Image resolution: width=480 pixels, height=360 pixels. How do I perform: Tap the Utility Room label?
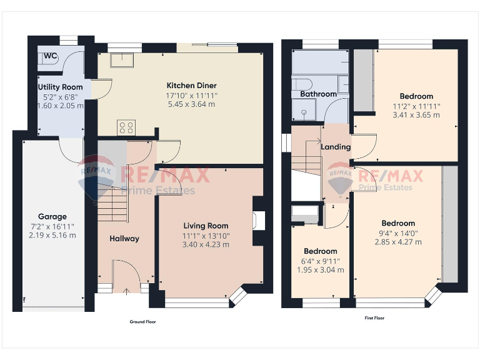[x=60, y=87]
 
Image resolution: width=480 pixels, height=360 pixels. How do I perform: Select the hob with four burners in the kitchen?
[x=126, y=127]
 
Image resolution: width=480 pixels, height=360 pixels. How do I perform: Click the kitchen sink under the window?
[x=122, y=59]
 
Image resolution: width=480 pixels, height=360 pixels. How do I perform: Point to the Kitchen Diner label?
[x=191, y=86]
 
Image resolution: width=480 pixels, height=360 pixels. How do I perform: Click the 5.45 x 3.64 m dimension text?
[x=191, y=104]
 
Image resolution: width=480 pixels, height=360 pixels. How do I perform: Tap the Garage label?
[x=52, y=217]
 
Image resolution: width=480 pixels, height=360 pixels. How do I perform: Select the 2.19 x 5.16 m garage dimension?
[x=52, y=235]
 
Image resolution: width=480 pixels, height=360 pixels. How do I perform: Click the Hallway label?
[x=124, y=238]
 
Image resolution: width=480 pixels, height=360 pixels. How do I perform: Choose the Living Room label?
[x=206, y=226]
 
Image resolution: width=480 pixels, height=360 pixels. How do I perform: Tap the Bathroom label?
[x=318, y=94]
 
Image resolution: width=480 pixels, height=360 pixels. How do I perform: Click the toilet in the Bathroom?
[x=302, y=85]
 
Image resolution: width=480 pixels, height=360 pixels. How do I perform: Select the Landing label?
[x=336, y=147]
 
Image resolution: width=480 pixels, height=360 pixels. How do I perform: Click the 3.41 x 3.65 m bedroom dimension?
[x=416, y=115]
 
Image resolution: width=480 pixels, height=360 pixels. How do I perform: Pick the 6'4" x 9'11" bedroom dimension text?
[x=319, y=261]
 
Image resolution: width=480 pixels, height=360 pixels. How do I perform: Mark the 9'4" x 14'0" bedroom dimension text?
[x=398, y=233]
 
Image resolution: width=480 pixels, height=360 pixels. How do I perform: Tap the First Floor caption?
[x=374, y=318]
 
